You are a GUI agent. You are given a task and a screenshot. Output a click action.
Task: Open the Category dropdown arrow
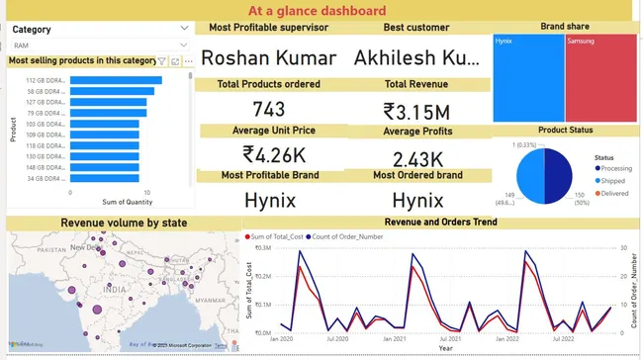pyautogui.click(x=184, y=30)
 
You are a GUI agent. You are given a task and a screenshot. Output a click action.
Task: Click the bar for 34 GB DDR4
pyautogui.click(x=103, y=178)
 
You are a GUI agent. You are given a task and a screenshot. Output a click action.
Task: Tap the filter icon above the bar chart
pyautogui.click(x=162, y=60)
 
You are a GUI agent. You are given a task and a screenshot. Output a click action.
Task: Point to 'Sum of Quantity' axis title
pyautogui.click(x=108, y=202)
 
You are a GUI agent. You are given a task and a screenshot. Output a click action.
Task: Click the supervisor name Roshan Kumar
pyautogui.click(x=268, y=57)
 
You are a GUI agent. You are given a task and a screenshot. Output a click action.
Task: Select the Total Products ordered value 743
pyautogui.click(x=268, y=109)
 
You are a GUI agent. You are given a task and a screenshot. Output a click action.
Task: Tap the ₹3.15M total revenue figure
pyautogui.click(x=416, y=110)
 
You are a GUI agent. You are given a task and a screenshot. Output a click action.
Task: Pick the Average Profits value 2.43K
pyautogui.click(x=416, y=159)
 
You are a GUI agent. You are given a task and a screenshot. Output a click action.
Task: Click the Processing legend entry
pyautogui.click(x=619, y=168)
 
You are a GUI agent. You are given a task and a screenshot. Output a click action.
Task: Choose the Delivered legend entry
pyautogui.click(x=617, y=193)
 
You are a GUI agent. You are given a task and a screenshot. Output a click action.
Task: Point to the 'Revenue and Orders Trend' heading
pyautogui.click(x=440, y=223)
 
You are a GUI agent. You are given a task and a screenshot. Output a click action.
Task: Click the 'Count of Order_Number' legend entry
pyautogui.click(x=354, y=237)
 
